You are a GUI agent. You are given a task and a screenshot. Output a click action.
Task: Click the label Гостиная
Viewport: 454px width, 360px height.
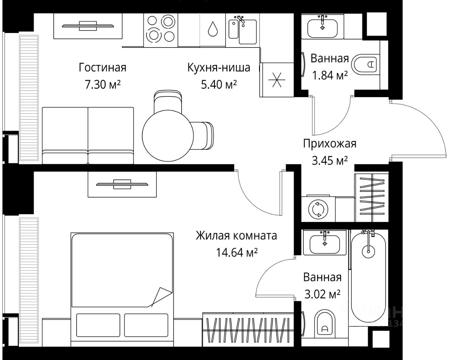(x=103, y=67)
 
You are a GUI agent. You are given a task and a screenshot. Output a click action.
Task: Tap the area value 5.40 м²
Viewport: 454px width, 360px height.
(x=218, y=85)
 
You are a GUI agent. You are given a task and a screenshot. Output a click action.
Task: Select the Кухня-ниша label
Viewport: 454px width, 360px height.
(x=218, y=67)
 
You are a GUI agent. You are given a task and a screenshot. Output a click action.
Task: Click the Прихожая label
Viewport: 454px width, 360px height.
(x=329, y=144)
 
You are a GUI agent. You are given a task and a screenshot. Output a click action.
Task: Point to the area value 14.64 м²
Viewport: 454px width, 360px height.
(x=237, y=253)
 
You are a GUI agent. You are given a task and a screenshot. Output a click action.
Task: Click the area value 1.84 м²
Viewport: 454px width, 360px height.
(x=329, y=75)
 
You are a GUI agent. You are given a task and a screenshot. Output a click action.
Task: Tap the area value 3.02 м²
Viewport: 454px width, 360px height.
(x=322, y=294)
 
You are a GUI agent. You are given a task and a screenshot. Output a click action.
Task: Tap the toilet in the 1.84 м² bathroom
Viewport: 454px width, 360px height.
(x=365, y=65)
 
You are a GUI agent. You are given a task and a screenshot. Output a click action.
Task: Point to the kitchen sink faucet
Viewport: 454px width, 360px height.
(x=241, y=20)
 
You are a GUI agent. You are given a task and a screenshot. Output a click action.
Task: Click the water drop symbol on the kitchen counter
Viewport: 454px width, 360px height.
(x=213, y=29)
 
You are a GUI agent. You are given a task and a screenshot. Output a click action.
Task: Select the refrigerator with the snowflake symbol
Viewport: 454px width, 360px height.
(x=277, y=80)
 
